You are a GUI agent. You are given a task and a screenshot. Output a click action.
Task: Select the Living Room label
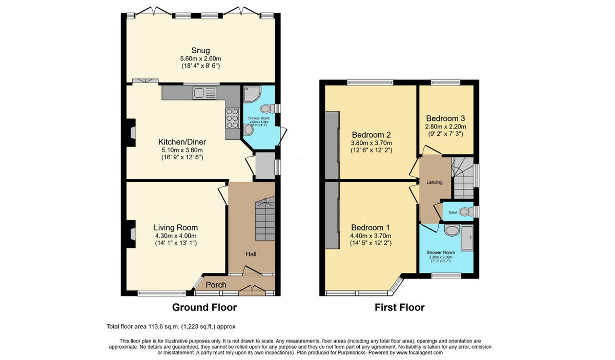tap(176, 227)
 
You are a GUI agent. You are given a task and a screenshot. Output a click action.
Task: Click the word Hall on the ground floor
tap(251, 254)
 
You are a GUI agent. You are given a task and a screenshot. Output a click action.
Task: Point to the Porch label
tap(216, 285)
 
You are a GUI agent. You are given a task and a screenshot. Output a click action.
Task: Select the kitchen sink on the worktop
tap(204, 93)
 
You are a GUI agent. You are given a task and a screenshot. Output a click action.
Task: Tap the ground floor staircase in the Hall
tap(265, 218)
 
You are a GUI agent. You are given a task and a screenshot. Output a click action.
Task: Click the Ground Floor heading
tap(204, 307)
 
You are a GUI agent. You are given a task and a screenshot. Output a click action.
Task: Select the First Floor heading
tap(399, 307)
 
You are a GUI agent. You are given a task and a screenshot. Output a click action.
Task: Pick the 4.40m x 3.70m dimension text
tap(371, 236)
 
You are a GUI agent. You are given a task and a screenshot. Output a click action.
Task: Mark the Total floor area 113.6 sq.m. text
tap(170, 326)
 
